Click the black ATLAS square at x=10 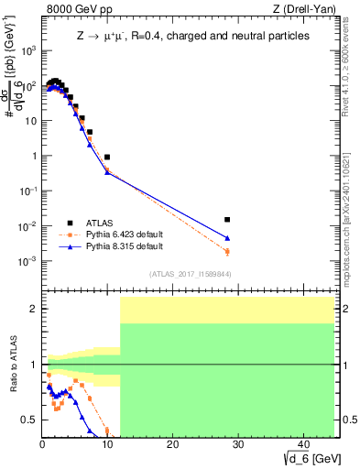point(107,158)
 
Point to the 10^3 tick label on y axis point(28,50)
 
